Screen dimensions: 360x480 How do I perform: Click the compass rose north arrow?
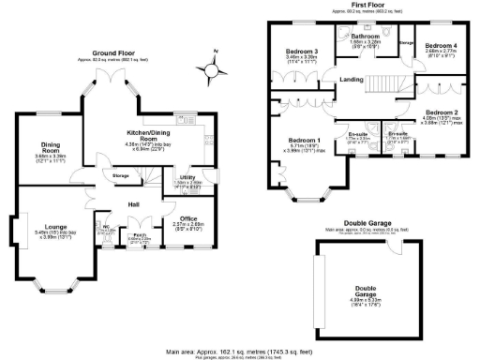(x=217, y=67)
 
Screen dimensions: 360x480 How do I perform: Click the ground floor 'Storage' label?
(x=120, y=175)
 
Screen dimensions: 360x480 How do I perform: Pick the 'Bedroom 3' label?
(x=303, y=52)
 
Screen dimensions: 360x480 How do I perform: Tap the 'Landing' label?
(x=352, y=79)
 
